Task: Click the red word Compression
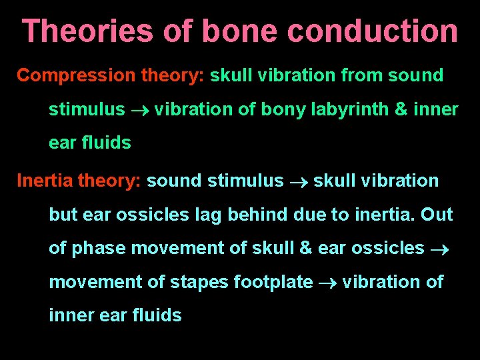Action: coord(76,75)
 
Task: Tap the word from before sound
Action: coord(362,75)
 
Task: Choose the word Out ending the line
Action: coord(437,215)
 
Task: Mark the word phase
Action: coord(99,248)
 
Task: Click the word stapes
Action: coord(204,282)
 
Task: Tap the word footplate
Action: coord(273,282)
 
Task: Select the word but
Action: coord(63,215)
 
